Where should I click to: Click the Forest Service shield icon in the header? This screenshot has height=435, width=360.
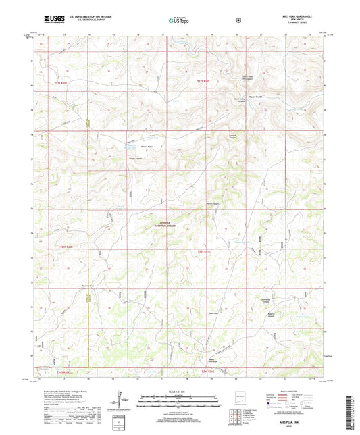(x=238, y=20)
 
